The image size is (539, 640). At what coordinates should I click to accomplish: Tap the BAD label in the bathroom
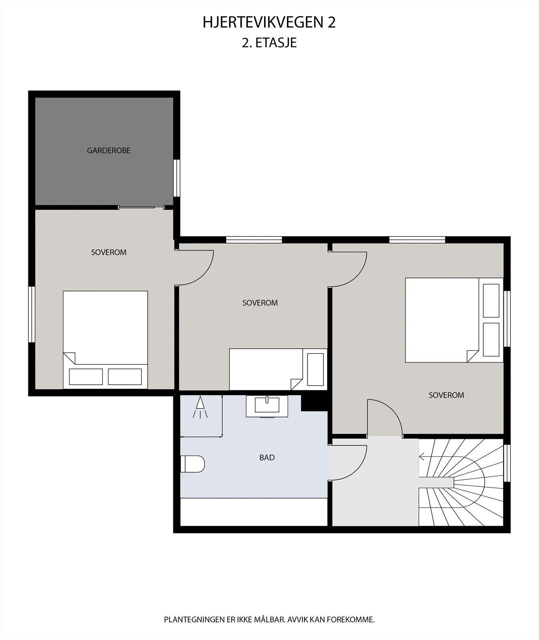pos(267,458)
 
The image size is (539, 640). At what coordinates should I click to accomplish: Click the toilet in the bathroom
pos(192,464)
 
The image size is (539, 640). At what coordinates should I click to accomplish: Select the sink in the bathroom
pos(267,405)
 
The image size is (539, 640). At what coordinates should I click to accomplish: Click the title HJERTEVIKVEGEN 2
pos(269,23)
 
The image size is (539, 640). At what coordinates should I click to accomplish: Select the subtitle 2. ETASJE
pos(269,43)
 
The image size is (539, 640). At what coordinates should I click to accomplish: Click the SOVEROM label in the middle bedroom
pos(260,303)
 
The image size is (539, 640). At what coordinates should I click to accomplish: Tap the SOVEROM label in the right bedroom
pos(446,395)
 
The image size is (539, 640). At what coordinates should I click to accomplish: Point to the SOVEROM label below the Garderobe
pos(108,252)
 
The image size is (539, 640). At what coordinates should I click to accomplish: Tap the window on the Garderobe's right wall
pos(176,178)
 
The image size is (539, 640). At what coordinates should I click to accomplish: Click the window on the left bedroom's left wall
pos(32,314)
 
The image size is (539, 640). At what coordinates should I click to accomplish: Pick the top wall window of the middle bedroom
pos(254,240)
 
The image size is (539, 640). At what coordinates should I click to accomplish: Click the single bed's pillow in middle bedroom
pos(315,370)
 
